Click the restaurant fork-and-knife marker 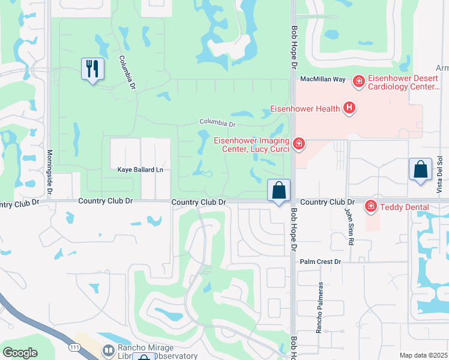pyautogui.click(x=92, y=69)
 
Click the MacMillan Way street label pyautogui.click(x=323, y=79)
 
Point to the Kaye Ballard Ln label pyautogui.click(x=140, y=170)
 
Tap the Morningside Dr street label pyautogui.click(x=50, y=172)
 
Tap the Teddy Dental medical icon pyautogui.click(x=371, y=206)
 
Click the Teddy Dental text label pyautogui.click(x=403, y=207)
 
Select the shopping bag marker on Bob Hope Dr pyautogui.click(x=279, y=191)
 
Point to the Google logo pyautogui.click(x=20, y=352)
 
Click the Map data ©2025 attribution pyautogui.click(x=424, y=355)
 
